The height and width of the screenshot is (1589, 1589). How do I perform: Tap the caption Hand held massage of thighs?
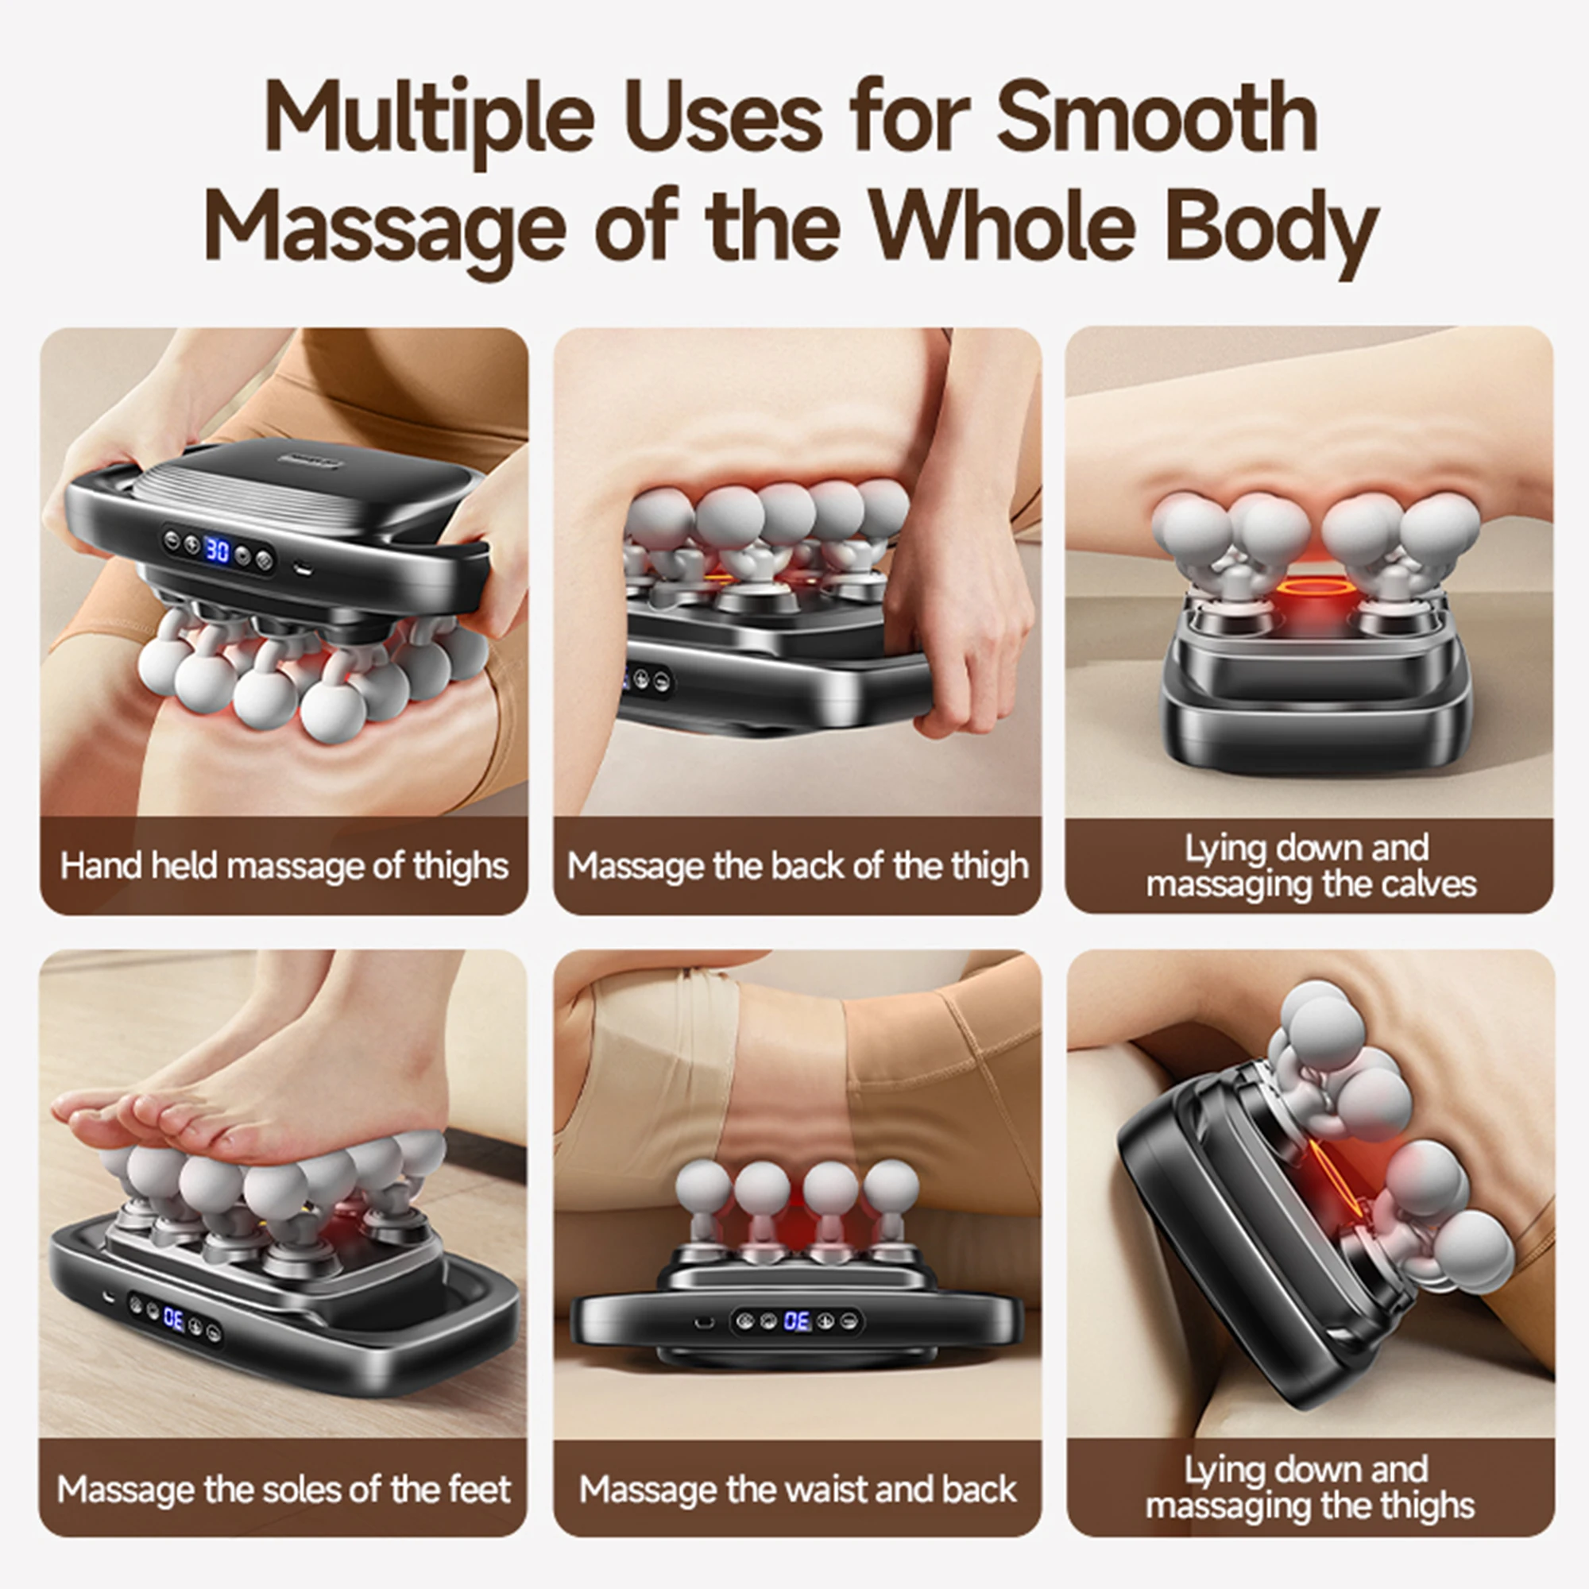click(284, 866)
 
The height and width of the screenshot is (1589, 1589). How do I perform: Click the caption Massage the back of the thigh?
click(797, 866)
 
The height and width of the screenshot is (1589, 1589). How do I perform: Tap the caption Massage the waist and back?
click(797, 1490)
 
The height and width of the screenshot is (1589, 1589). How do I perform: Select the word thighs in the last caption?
click(1427, 1506)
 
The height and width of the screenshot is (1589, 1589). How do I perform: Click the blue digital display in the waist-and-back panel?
click(797, 1322)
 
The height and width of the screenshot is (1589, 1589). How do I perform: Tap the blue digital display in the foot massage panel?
click(173, 1318)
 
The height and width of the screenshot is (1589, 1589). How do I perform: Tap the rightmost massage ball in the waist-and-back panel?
click(891, 1186)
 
